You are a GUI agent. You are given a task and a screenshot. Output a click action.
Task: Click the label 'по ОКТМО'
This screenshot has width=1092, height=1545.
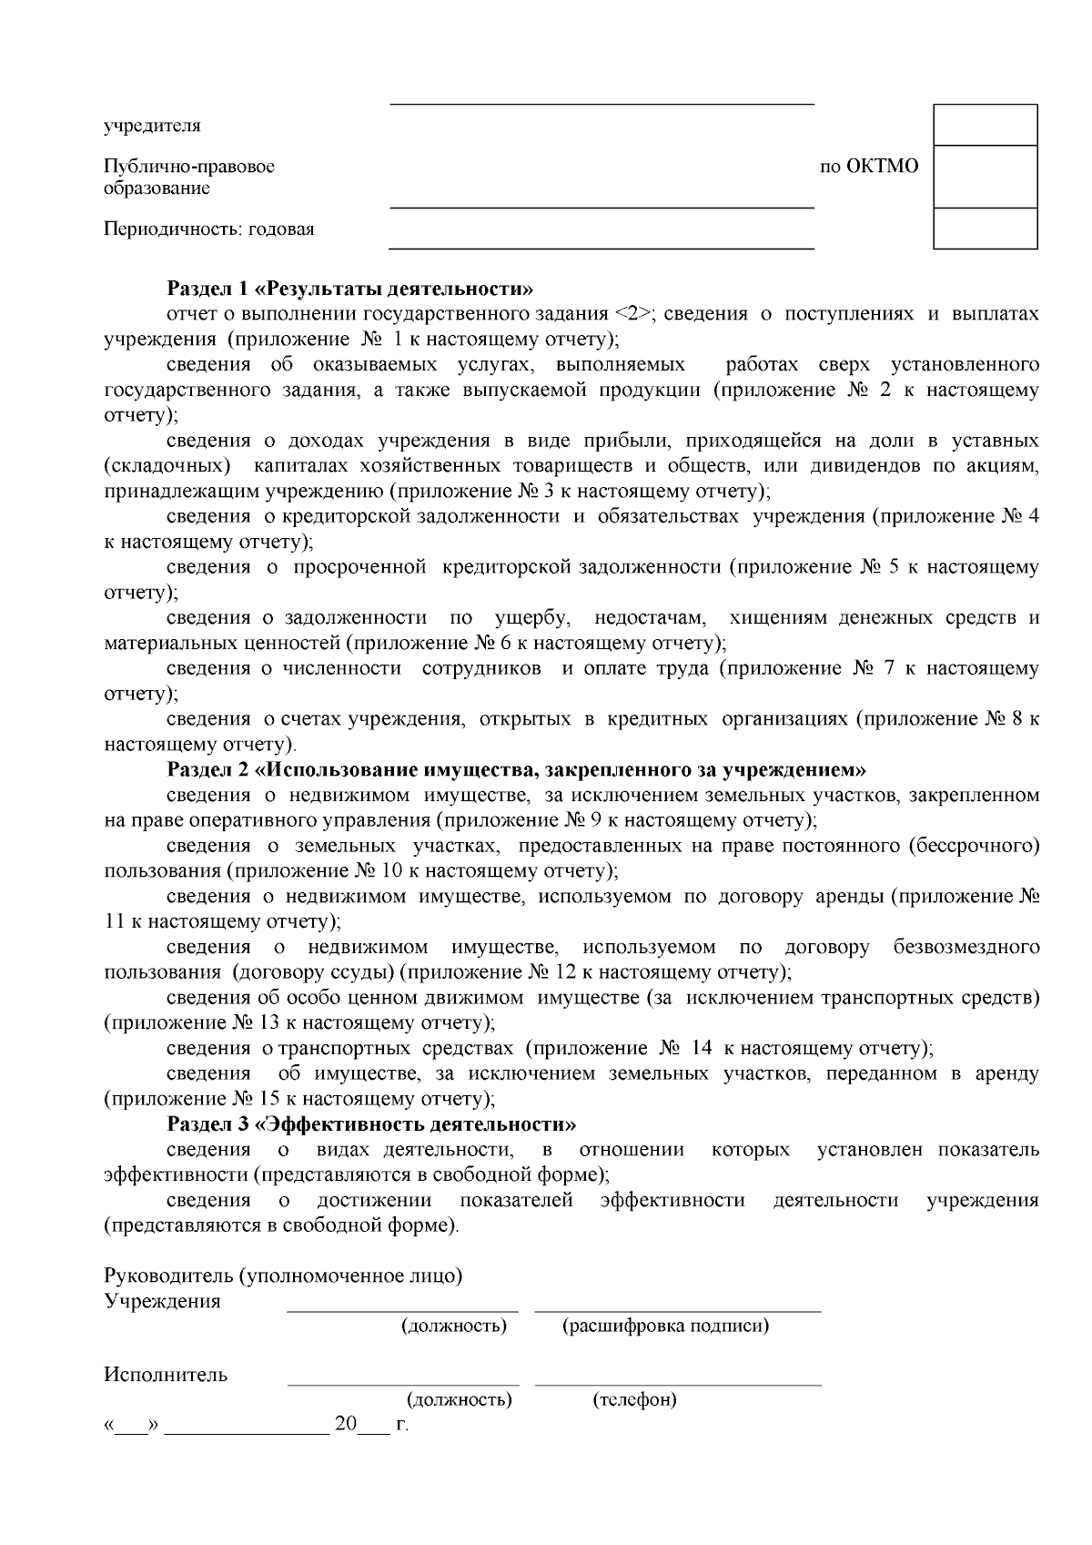(869, 167)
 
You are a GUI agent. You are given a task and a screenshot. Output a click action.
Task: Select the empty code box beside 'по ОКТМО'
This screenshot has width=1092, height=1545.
(986, 177)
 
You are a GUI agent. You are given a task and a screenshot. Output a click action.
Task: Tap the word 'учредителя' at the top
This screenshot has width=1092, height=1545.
(152, 126)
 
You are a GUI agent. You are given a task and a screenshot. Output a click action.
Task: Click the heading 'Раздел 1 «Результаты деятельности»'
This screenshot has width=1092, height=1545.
(350, 290)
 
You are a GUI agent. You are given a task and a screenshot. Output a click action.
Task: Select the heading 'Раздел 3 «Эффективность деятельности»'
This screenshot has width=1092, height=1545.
(371, 1123)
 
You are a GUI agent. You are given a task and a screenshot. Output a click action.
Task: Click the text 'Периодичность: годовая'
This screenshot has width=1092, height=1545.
(209, 229)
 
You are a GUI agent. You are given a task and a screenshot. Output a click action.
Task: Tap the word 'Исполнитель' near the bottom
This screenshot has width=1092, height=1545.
(166, 1375)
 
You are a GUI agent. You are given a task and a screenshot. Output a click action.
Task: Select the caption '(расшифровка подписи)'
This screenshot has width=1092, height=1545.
(665, 1326)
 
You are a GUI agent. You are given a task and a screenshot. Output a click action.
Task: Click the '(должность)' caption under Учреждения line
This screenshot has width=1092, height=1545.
(454, 1326)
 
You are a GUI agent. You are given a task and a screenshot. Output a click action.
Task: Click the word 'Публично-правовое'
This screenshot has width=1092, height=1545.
(189, 167)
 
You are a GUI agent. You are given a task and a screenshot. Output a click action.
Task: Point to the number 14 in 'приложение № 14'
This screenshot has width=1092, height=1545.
(701, 1048)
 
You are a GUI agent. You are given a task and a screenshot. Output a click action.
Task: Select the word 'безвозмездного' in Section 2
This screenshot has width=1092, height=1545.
(966, 948)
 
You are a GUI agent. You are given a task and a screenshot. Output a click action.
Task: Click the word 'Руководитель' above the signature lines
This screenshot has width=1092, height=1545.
(169, 1276)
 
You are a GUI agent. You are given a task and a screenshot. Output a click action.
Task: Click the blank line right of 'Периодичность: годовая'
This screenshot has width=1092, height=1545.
(601, 247)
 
